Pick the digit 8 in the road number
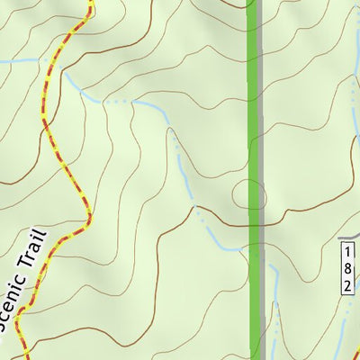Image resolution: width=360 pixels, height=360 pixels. click(x=347, y=265)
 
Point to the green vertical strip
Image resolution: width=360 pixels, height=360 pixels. click(x=254, y=135)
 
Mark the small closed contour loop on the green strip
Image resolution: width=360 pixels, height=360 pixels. click(x=249, y=194)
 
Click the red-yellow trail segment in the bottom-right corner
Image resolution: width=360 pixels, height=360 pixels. click(x=355, y=353)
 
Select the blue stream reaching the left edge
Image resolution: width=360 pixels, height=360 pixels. click(x=4, y=61)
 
